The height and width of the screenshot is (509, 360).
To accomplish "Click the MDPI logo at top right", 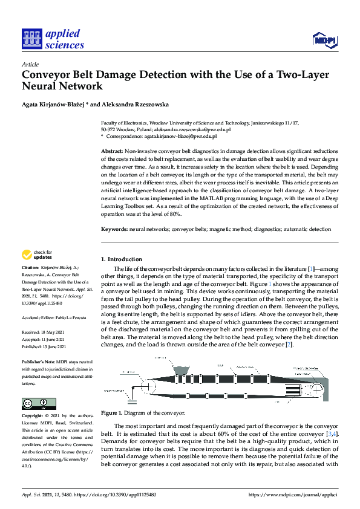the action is [x=324, y=40].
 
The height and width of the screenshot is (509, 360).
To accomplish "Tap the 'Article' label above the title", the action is [x=30, y=64].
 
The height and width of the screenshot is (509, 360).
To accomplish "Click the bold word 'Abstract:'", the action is [x=112, y=150].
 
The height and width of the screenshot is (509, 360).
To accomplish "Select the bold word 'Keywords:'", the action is [x=114, y=229].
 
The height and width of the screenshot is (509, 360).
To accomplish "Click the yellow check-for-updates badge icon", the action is [x=27, y=254].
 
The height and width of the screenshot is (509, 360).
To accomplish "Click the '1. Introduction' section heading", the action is [x=121, y=259].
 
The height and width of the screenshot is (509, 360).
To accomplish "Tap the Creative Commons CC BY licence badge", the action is [x=39, y=403].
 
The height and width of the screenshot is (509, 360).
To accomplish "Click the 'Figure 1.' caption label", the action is [x=112, y=413].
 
